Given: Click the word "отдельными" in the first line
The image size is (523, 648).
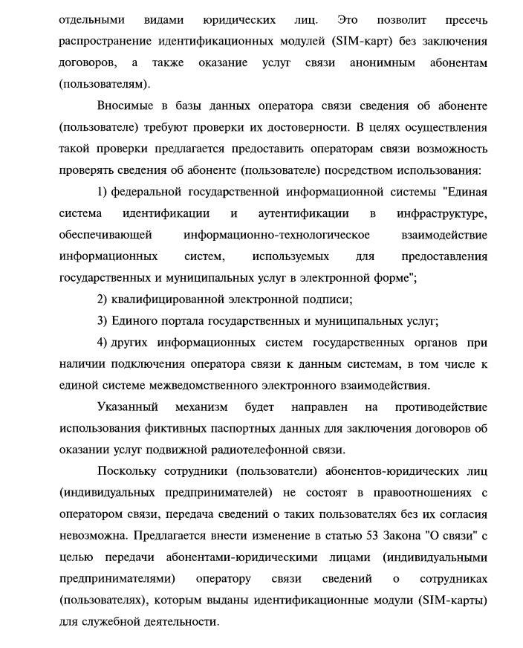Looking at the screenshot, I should (x=91, y=18).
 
